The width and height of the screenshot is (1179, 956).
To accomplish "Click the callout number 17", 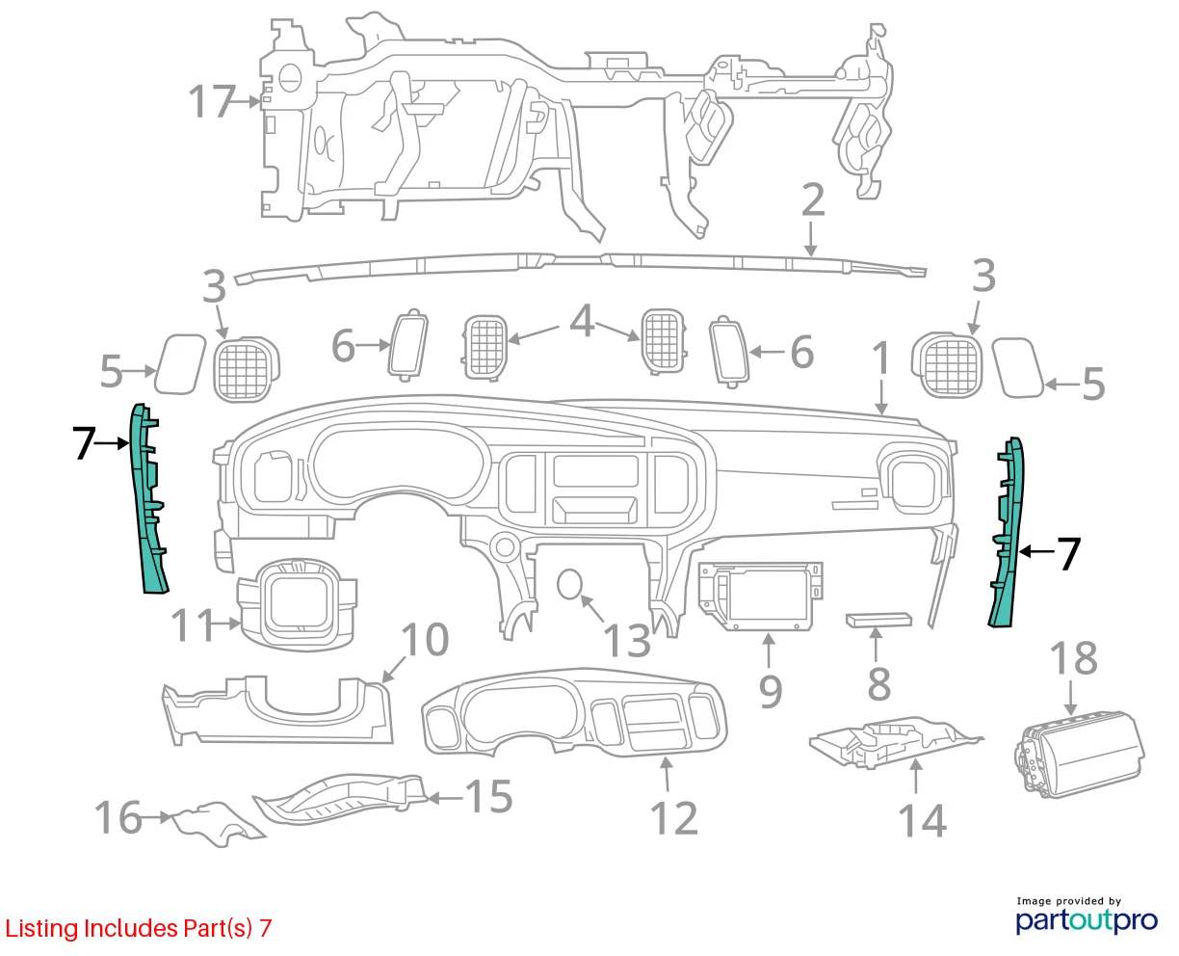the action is [212, 101].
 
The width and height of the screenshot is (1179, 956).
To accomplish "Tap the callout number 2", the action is [813, 199].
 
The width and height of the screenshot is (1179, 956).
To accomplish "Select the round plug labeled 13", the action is [569, 584].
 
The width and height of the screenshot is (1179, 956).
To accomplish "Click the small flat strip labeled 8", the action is [878, 620].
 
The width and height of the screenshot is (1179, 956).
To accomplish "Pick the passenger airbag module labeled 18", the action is [1078, 755].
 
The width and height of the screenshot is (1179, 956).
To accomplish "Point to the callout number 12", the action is [673, 818].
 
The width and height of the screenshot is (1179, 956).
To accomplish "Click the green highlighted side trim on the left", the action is [146, 498].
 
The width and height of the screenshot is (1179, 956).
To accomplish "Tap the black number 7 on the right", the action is [1069, 553].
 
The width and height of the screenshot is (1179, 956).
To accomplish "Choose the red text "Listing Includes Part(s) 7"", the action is [139, 928].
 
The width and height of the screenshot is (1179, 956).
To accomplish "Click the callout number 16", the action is [118, 817].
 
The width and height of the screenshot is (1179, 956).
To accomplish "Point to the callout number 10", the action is [425, 639].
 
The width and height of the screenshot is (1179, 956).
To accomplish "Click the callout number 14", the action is [922, 820].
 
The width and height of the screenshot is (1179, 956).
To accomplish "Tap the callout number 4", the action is [582, 321].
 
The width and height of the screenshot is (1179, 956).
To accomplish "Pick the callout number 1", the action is [881, 358].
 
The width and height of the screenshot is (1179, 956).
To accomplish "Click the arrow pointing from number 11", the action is [226, 624].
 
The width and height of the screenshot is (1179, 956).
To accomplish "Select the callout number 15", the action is [488, 796].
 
